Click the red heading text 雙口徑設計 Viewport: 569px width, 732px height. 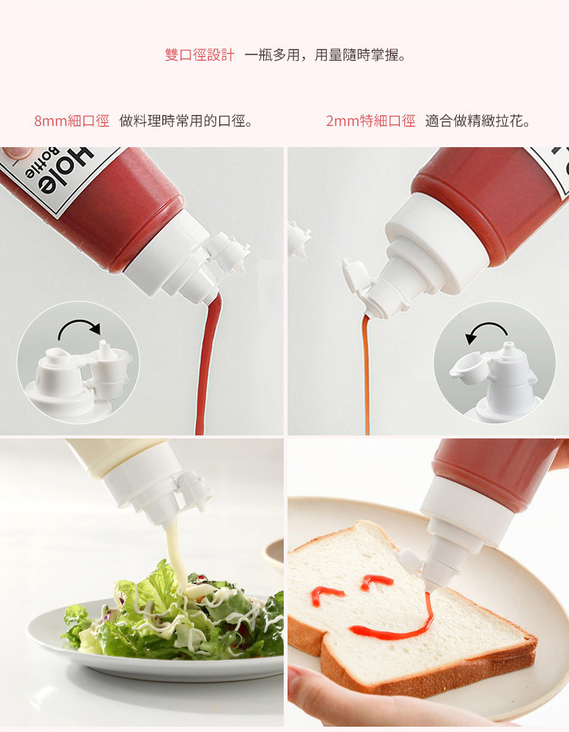(200, 55)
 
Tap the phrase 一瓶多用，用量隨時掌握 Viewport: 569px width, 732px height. (325, 55)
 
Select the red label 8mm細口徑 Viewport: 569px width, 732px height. (71, 121)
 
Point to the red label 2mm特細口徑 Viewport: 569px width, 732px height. (370, 121)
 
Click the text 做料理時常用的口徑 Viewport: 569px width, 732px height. (186, 121)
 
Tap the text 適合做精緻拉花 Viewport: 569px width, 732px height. (477, 121)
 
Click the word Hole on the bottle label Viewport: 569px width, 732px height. (65, 171)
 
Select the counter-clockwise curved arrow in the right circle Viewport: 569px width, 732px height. (486, 328)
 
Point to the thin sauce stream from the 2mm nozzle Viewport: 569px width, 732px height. (366, 373)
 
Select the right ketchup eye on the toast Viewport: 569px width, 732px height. (377, 581)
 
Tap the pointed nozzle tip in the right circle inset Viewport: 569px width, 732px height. (508, 346)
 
